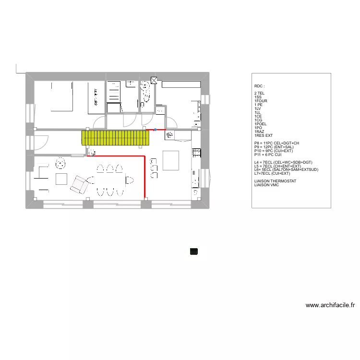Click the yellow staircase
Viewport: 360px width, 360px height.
click(x=116, y=138)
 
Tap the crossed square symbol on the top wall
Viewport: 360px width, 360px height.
click(x=154, y=80)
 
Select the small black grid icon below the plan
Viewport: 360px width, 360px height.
click(x=194, y=251)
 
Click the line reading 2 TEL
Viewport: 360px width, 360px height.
click(x=260, y=93)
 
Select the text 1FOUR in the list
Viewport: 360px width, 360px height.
click(x=261, y=101)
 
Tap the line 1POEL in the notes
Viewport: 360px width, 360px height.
click(x=262, y=123)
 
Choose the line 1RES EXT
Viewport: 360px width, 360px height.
click(x=264, y=135)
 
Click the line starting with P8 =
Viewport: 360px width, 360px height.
click(x=276, y=143)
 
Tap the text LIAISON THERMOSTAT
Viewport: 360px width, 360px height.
click(x=276, y=181)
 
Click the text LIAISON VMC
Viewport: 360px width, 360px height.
click(x=266, y=185)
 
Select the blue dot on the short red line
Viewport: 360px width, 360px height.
click(x=155, y=130)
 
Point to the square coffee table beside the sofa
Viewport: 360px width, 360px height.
click(x=61, y=179)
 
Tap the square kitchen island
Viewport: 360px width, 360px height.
click(x=171, y=160)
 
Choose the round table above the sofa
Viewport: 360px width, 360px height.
click(x=60, y=163)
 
